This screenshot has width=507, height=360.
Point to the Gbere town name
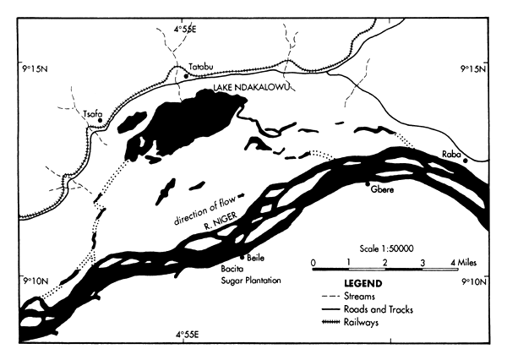[x=383, y=190]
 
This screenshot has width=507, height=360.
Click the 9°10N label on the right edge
[x=472, y=280]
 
